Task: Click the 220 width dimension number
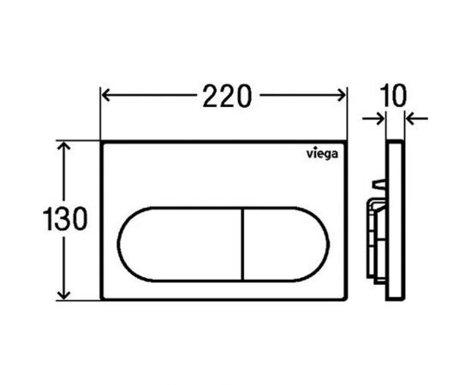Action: [x=227, y=96]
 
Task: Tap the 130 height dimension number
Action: [x=65, y=218]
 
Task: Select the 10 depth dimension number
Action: [x=393, y=96]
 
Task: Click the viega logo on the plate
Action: [x=322, y=154]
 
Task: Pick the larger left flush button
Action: [x=180, y=245]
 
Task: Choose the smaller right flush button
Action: [x=286, y=245]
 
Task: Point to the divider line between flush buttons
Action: [x=243, y=245]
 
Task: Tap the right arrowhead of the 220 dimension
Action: [x=342, y=96]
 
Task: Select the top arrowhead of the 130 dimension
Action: [x=63, y=145]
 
